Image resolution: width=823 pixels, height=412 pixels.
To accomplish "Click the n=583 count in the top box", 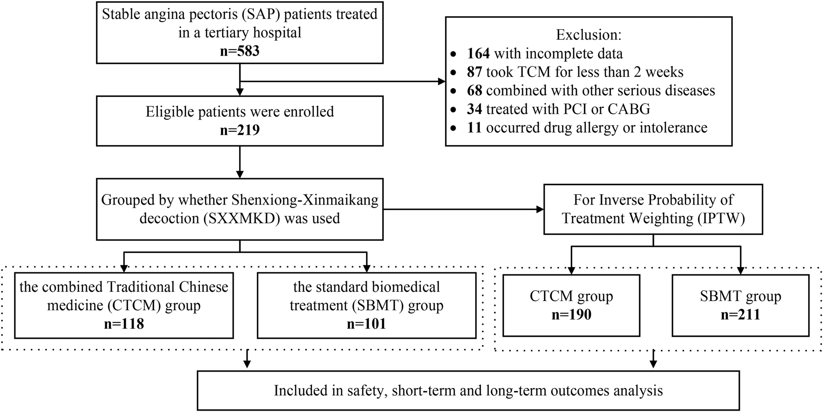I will coord(240,51).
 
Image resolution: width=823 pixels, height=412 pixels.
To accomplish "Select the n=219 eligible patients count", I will coord(240,130).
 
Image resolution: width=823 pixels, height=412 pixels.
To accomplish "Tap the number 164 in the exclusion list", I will coord(478,54).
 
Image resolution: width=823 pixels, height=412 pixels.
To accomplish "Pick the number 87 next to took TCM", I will coord(474,72).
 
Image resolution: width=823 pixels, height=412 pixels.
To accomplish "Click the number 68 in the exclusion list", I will coord(474,90).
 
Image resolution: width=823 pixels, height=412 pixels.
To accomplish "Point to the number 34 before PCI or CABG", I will coord(474,109).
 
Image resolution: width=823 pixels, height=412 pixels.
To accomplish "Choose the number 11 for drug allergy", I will coord(474,128).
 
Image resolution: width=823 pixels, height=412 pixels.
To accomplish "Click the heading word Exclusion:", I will coord(588,35).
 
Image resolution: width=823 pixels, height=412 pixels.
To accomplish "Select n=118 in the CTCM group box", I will coord(124,324).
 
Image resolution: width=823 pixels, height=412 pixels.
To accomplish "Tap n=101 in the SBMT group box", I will coord(366,324).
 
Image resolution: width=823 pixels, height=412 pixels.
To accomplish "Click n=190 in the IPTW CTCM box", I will coord(571,315).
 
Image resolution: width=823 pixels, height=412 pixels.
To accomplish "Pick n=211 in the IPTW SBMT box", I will coord(740,315).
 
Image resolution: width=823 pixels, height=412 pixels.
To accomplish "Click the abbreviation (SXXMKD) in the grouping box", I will coord(242,219).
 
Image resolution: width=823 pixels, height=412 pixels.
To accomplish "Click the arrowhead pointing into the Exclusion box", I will coord(441,82).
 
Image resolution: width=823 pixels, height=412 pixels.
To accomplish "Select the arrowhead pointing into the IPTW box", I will coord(540,210).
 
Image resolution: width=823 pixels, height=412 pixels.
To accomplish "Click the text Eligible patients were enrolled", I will coord(240,112).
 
